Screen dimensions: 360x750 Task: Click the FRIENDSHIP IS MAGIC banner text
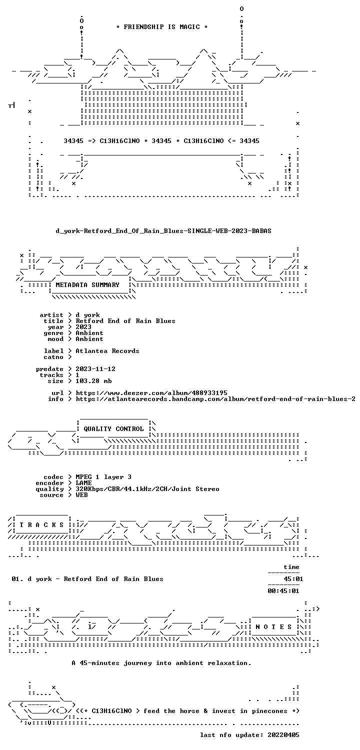click(161, 27)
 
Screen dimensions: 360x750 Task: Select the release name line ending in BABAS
click(163, 231)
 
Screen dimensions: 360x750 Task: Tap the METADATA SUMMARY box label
click(87, 285)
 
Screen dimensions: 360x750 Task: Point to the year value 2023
click(83, 327)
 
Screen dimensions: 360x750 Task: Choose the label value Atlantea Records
click(107, 351)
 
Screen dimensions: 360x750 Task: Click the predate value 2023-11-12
click(95, 369)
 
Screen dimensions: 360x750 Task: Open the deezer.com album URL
click(151, 393)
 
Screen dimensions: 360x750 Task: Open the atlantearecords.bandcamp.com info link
click(215, 399)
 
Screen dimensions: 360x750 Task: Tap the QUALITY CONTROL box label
click(113, 429)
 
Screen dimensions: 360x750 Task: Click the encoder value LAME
click(83, 483)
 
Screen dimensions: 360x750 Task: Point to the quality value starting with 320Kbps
click(147, 489)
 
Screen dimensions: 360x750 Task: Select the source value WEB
click(81, 495)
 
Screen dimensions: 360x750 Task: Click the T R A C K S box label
click(41, 524)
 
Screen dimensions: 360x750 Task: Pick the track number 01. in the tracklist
click(17, 579)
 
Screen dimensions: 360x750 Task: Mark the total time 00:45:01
click(283, 591)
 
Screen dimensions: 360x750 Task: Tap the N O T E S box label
click(273, 627)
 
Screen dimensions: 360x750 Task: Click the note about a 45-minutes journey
click(161, 663)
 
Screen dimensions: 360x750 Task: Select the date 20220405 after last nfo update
click(283, 735)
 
